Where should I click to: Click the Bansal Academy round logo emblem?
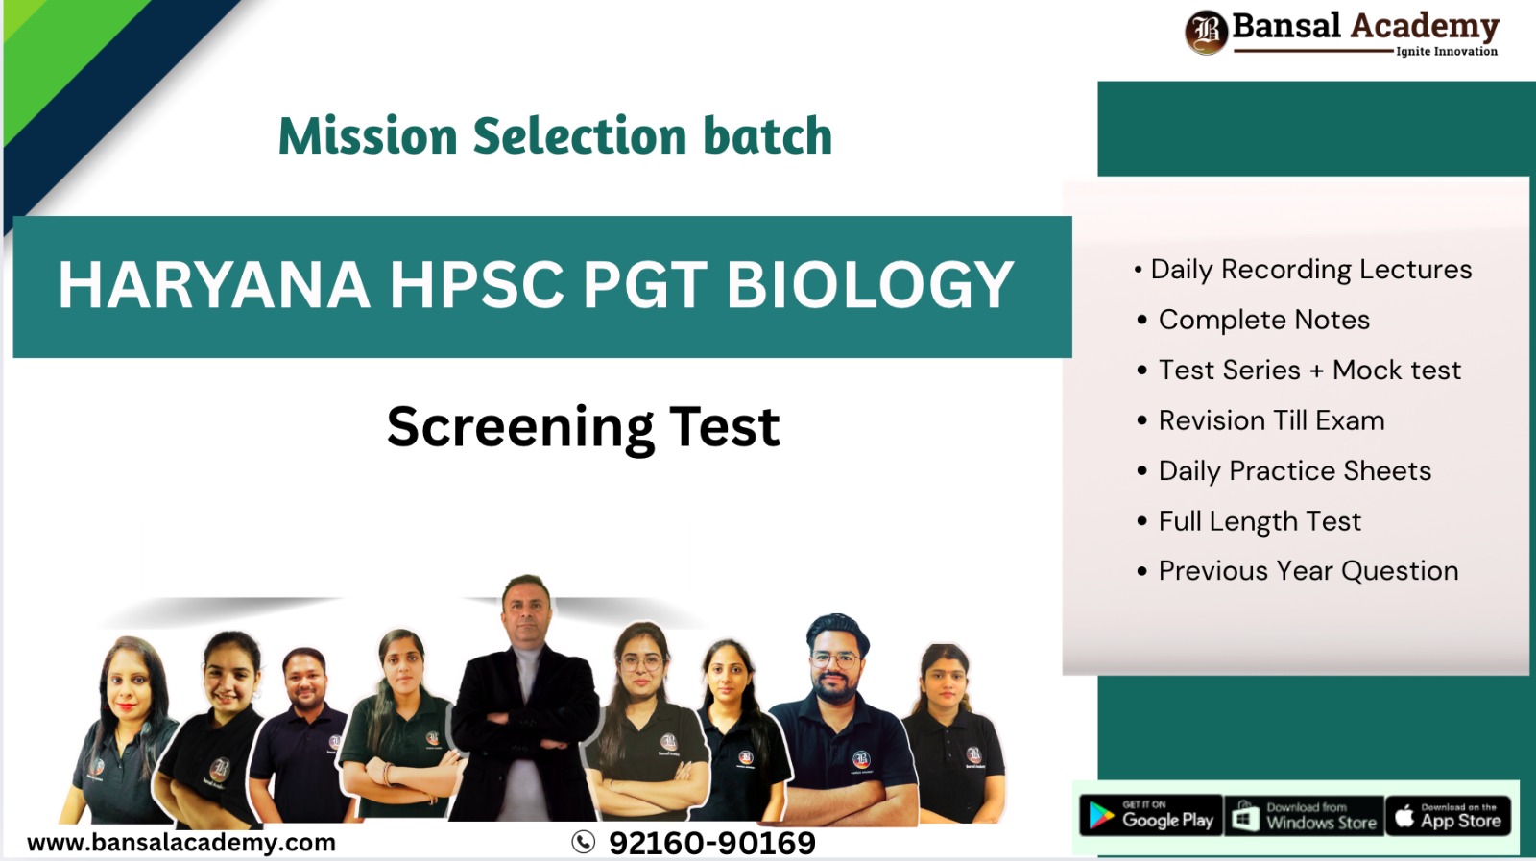[1206, 31]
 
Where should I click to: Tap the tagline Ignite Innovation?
[1446, 51]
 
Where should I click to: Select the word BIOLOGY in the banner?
[869, 285]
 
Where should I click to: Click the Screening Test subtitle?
[583, 426]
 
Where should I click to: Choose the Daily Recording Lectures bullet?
[1309, 270]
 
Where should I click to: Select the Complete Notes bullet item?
[1263, 320]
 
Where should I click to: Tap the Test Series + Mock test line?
[1308, 371]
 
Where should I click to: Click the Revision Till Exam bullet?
[1270, 420]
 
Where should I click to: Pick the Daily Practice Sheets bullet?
[1294, 471]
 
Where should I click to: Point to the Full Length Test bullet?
[1259, 521]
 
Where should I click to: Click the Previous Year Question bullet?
[1308, 571]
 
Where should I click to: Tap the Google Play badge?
[1151, 816]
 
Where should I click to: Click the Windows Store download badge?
[1305, 816]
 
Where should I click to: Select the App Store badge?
[1449, 816]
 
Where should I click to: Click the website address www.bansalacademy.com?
[181, 843]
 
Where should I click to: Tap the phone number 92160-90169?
[711, 843]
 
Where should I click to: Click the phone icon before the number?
[583, 842]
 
